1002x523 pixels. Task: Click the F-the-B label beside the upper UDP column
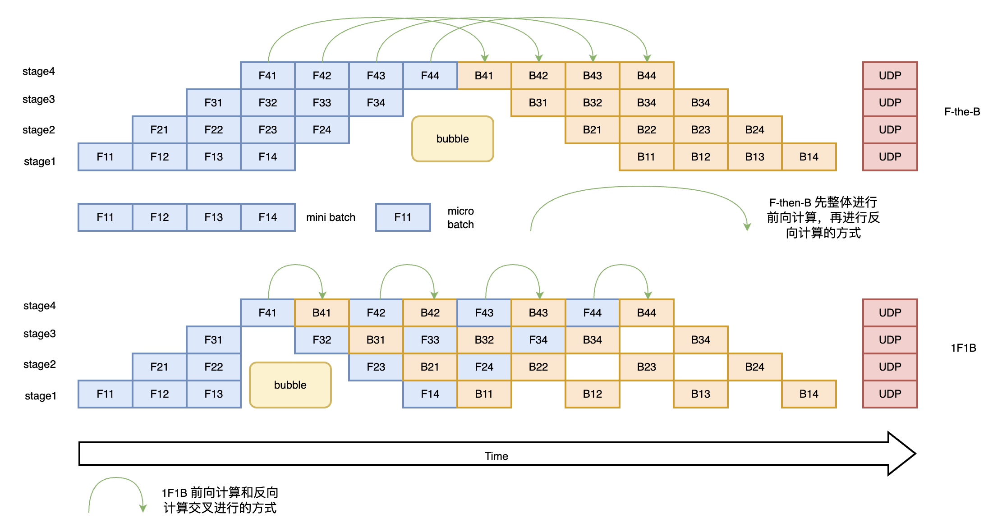[x=962, y=112]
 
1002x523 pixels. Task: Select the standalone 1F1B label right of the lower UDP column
[x=963, y=348]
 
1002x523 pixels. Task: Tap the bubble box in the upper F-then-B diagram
[x=452, y=139]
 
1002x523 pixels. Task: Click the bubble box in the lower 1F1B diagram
[x=290, y=385]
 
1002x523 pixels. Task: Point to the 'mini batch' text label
[x=331, y=217]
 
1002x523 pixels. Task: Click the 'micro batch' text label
[x=460, y=218]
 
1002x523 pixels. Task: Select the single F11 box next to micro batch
[x=403, y=217]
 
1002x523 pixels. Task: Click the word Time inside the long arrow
[x=496, y=456]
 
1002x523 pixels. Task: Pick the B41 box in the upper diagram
[x=484, y=76]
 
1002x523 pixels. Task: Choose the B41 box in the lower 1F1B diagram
[x=322, y=313]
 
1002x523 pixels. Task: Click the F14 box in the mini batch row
[x=267, y=217]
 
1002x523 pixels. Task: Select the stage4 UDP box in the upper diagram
[x=890, y=76]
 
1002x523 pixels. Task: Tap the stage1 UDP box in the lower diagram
[x=890, y=394]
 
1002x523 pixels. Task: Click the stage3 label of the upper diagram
[x=39, y=99]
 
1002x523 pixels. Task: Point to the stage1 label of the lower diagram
[x=41, y=396]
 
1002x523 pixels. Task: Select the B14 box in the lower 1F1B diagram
[x=809, y=394]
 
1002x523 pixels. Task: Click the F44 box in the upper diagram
[x=430, y=76]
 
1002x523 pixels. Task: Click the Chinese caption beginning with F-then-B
[x=823, y=218]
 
